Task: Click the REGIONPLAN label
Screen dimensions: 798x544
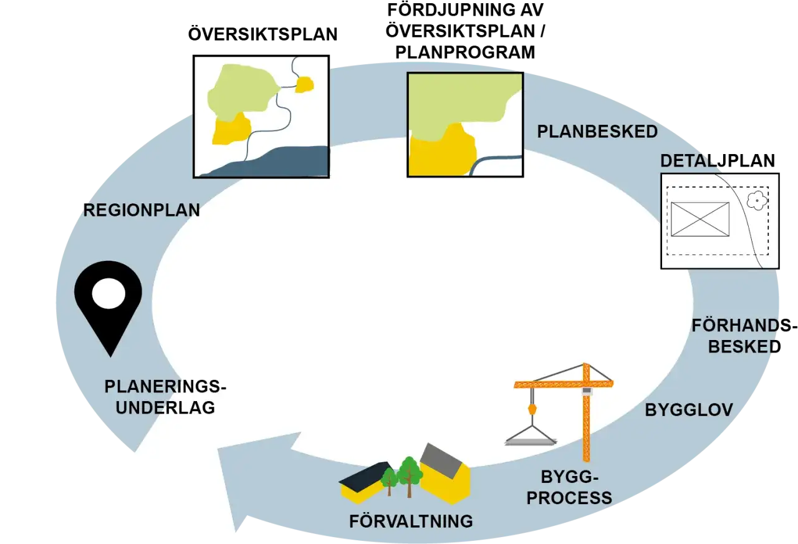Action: (x=142, y=210)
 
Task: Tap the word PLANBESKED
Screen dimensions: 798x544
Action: (x=597, y=132)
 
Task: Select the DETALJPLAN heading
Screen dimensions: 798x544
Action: (x=718, y=160)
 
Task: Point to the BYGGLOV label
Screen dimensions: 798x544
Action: (x=689, y=410)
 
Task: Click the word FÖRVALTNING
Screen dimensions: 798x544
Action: (x=411, y=521)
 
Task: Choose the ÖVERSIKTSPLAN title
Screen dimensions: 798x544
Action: (x=262, y=34)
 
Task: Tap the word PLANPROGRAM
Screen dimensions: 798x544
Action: (x=465, y=52)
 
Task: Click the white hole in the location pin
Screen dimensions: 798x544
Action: (x=108, y=293)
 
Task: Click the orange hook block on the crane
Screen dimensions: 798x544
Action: (x=532, y=409)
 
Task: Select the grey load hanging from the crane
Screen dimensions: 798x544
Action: (x=531, y=442)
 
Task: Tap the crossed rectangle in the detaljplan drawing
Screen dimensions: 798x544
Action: (x=700, y=219)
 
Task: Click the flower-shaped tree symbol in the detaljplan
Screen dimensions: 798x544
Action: (x=757, y=200)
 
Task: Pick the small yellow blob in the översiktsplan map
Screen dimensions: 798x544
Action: (x=304, y=85)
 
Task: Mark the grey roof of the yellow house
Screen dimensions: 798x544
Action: (x=441, y=460)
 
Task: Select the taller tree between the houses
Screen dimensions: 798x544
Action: (x=410, y=476)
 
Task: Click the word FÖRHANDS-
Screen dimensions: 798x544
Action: (x=744, y=326)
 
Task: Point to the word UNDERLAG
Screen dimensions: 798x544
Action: (x=165, y=407)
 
